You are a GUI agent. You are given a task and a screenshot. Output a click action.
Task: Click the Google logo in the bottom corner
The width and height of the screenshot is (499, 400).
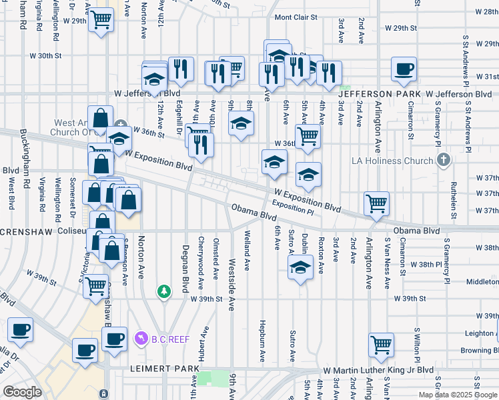pos(22,392)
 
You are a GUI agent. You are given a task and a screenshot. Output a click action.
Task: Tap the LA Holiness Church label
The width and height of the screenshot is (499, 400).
pos(393,161)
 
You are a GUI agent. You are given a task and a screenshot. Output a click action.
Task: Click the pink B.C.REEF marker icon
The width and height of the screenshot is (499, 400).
pos(141,339)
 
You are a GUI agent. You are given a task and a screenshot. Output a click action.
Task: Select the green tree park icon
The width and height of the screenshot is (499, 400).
pos(163,291)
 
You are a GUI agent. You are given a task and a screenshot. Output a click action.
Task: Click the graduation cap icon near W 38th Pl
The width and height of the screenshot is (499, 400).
pos(301,268)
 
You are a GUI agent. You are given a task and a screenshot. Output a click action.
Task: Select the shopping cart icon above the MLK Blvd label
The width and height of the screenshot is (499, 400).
pos(381,344)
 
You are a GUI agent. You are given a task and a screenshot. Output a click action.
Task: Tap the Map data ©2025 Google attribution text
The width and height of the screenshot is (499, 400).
pos(458,395)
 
